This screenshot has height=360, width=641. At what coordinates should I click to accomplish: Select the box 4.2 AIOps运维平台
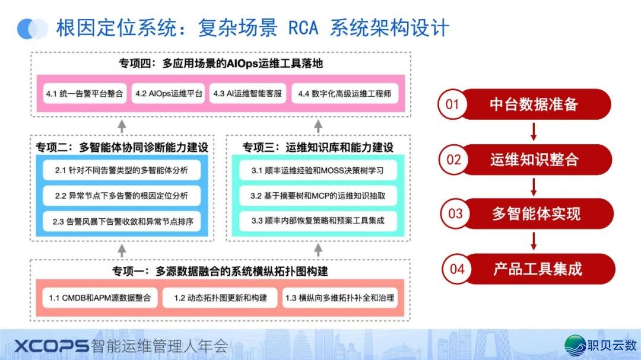[169, 94]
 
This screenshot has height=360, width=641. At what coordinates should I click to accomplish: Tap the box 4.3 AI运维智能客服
[247, 94]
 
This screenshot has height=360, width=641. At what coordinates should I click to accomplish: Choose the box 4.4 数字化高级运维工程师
[344, 94]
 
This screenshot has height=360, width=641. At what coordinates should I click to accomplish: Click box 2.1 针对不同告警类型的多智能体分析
[122, 170]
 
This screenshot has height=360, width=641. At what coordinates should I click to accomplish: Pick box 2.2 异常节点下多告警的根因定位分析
[122, 196]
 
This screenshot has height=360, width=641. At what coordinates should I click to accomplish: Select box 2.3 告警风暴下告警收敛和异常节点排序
[122, 221]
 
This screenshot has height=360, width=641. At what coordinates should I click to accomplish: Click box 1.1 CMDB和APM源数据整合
[100, 298]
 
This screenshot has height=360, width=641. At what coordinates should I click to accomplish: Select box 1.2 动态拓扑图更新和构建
[220, 298]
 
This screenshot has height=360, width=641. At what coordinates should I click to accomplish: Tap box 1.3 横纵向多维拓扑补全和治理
[338, 298]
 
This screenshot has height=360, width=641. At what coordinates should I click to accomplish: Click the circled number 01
[453, 104]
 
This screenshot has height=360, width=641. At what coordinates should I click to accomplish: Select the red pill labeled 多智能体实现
[535, 214]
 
